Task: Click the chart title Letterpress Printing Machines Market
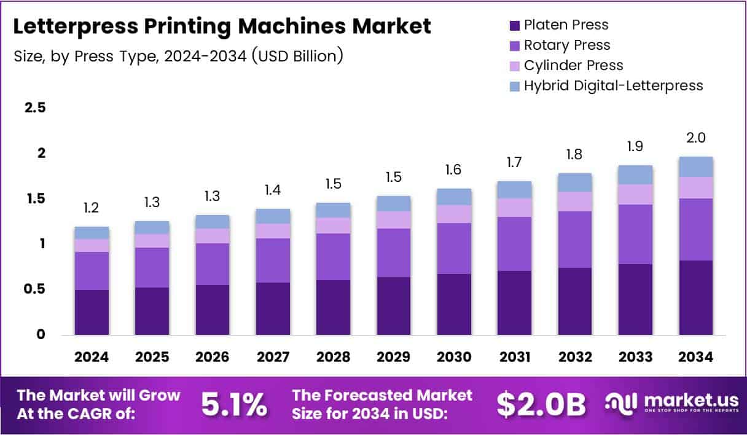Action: [222, 26]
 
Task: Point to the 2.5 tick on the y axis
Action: [35, 108]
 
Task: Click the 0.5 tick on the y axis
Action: [35, 289]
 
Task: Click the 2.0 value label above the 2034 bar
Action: [696, 139]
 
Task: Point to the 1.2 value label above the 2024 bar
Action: [92, 209]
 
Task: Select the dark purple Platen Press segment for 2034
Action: [696, 297]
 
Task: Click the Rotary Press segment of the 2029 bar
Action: [394, 253]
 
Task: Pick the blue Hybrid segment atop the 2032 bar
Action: [575, 182]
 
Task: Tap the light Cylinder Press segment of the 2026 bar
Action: [213, 236]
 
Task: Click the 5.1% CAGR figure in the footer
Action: [234, 404]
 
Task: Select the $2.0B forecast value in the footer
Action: [541, 404]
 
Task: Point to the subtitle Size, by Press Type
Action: [178, 56]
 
